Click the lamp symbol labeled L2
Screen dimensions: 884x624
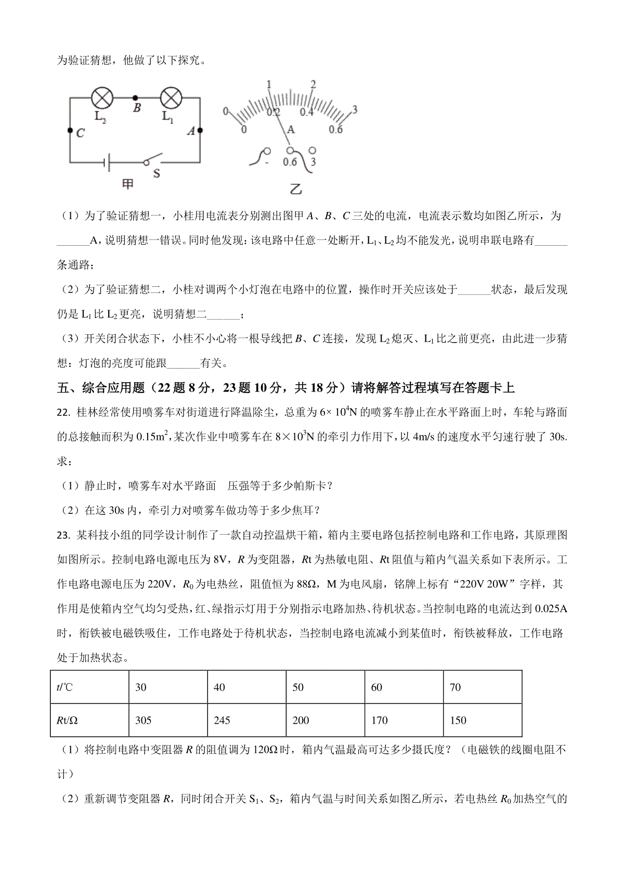[x=100, y=97]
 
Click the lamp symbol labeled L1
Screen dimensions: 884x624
[x=168, y=97]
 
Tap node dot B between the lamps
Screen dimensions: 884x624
[x=136, y=97]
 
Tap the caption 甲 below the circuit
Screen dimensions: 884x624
[x=128, y=183]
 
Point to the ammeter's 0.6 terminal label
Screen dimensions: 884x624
[x=290, y=162]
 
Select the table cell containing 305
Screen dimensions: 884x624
[x=168, y=720]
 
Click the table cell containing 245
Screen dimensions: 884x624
[x=246, y=720]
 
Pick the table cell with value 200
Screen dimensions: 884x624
[x=325, y=720]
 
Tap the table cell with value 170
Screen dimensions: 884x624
[x=404, y=720]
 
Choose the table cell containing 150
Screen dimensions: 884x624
[x=482, y=720]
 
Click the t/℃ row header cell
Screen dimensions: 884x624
[x=89, y=687]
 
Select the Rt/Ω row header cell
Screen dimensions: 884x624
[x=89, y=720]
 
